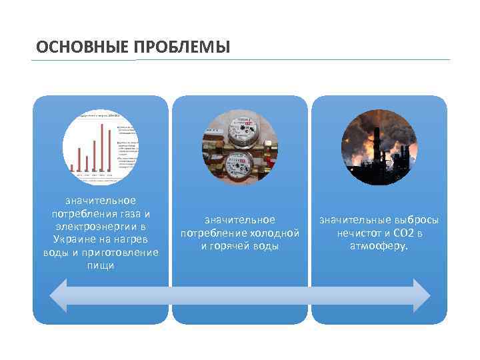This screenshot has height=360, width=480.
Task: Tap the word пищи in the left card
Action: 101,265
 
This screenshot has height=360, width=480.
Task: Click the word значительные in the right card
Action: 352,220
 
